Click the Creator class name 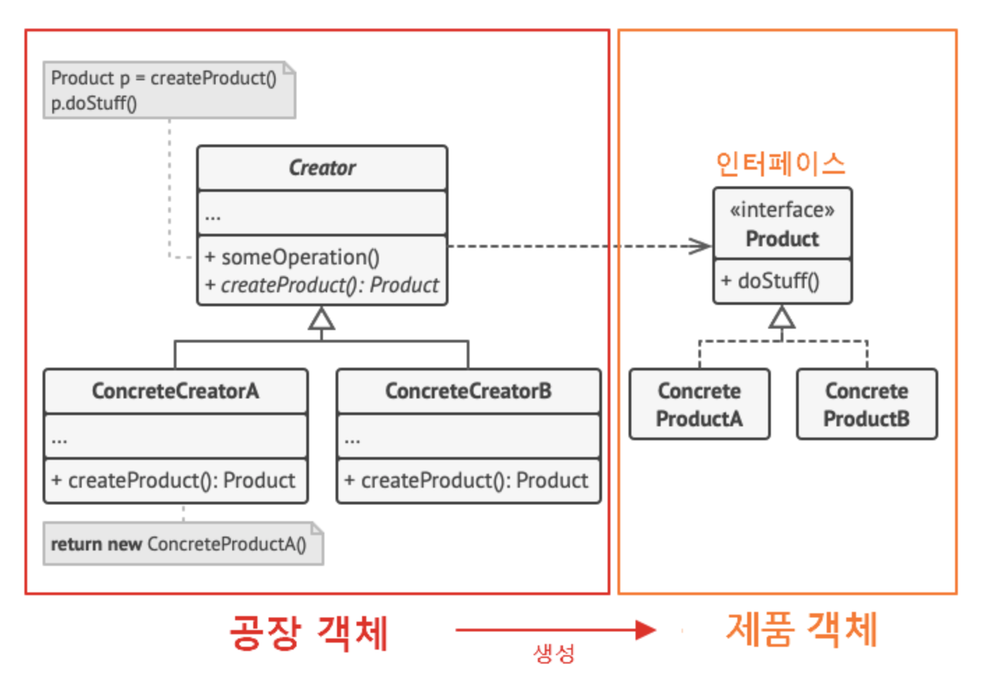tap(322, 168)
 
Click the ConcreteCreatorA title tap(175, 391)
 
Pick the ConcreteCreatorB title tap(468, 391)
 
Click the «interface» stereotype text tap(781, 210)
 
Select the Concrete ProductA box tap(699, 405)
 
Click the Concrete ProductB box tap(866, 405)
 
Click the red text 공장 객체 tap(308, 633)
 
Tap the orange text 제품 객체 tap(802, 629)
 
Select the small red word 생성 tap(554, 654)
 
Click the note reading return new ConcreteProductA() tap(183, 544)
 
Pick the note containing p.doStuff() tap(169, 90)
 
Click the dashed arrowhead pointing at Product tap(701, 246)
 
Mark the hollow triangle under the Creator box tap(322, 320)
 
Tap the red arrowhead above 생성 tap(645, 631)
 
